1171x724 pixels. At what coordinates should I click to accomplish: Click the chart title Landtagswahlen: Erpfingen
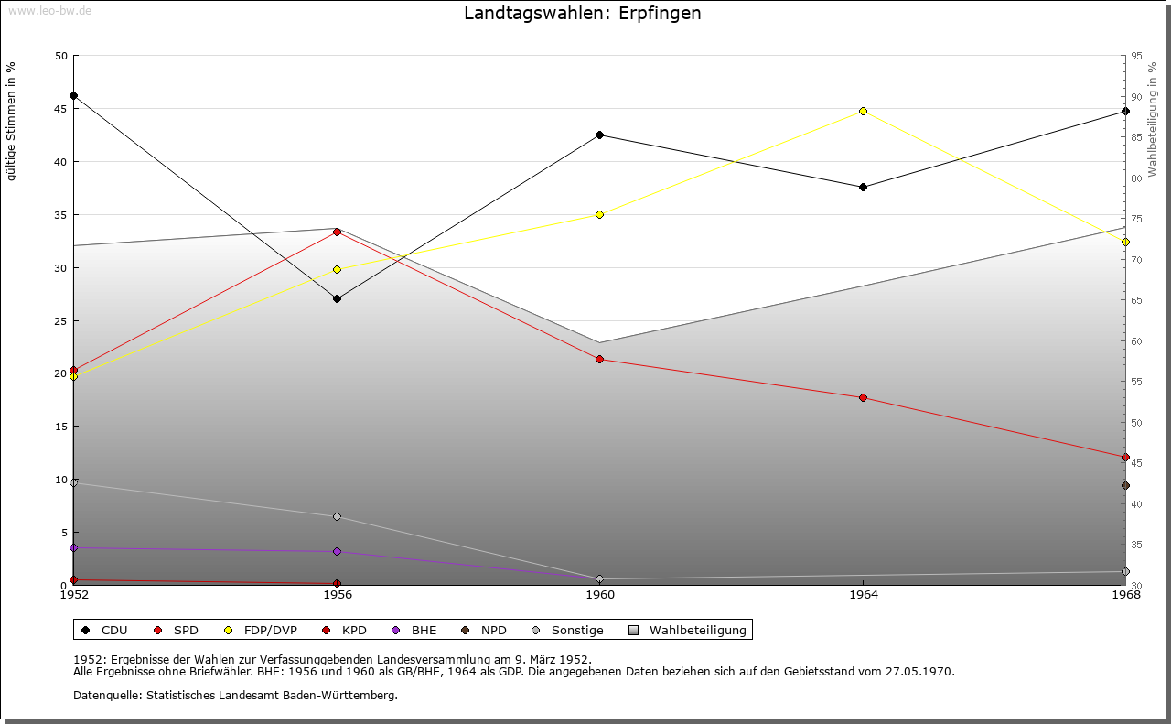point(583,14)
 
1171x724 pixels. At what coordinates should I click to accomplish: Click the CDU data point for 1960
point(600,135)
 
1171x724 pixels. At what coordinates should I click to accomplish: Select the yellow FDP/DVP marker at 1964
point(863,111)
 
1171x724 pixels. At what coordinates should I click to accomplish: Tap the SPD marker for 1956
point(337,232)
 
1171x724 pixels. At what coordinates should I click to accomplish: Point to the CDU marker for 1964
point(863,187)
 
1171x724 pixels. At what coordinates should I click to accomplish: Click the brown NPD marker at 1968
point(1125,486)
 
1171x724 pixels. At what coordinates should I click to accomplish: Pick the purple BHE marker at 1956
point(337,552)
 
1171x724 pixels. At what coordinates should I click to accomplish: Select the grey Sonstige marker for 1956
point(337,517)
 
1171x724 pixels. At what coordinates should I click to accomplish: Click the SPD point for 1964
point(863,397)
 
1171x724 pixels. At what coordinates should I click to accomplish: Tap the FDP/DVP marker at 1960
point(600,214)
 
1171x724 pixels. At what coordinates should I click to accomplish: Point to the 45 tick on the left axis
point(60,109)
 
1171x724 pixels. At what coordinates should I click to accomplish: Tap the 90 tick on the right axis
point(1135,97)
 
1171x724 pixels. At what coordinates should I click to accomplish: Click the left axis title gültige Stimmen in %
point(12,121)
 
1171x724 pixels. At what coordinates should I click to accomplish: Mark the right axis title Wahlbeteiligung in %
point(1153,119)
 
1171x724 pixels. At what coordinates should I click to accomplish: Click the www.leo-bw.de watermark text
point(48,10)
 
